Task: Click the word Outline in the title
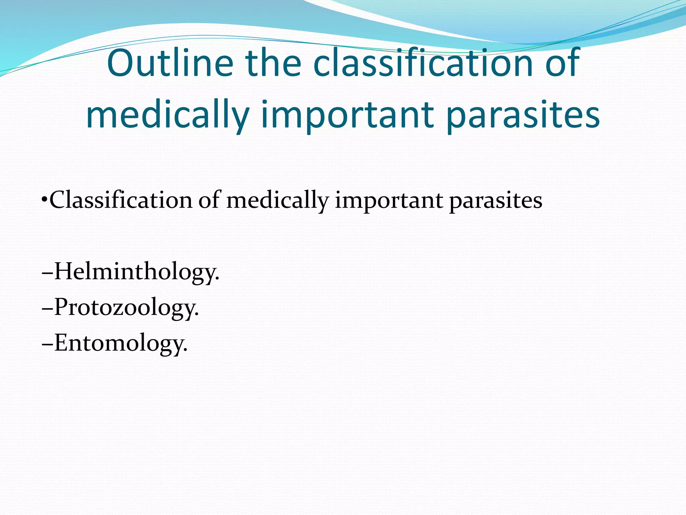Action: point(170,63)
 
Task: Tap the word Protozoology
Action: point(126,307)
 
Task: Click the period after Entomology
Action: point(186,350)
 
